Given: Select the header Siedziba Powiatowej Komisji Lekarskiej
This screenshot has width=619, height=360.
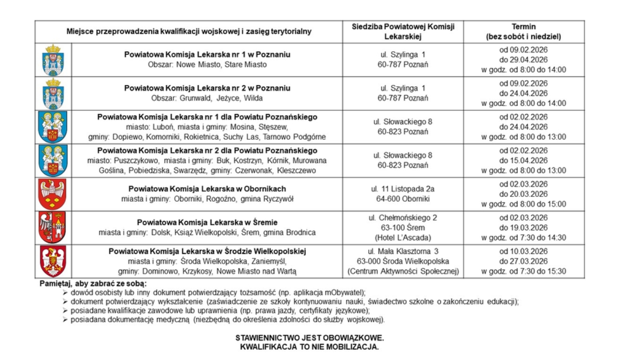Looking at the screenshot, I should [x=403, y=32].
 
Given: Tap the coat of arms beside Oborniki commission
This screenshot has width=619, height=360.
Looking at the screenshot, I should [x=53, y=194].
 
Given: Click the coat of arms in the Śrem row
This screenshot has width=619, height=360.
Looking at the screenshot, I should [x=53, y=228].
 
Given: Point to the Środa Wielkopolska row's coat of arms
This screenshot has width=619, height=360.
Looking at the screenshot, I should [x=53, y=262].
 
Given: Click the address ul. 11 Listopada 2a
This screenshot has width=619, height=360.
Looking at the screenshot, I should [x=403, y=189].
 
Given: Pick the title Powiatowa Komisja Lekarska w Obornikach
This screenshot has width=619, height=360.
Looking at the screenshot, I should [x=207, y=189].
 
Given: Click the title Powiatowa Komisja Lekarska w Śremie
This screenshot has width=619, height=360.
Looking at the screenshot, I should [x=207, y=222].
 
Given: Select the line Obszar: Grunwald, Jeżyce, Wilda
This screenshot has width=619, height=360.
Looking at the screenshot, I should [x=207, y=98].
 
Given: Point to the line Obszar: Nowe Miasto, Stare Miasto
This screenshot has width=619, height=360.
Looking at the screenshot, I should [x=207, y=65].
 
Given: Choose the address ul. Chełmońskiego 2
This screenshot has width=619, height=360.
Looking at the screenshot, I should [x=403, y=217].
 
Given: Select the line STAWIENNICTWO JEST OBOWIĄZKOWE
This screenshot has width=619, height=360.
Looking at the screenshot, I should [x=309, y=337].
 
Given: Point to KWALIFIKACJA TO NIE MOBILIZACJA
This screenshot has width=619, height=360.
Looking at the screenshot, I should [x=309, y=346].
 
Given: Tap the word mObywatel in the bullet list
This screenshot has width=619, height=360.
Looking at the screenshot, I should [x=344, y=292].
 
